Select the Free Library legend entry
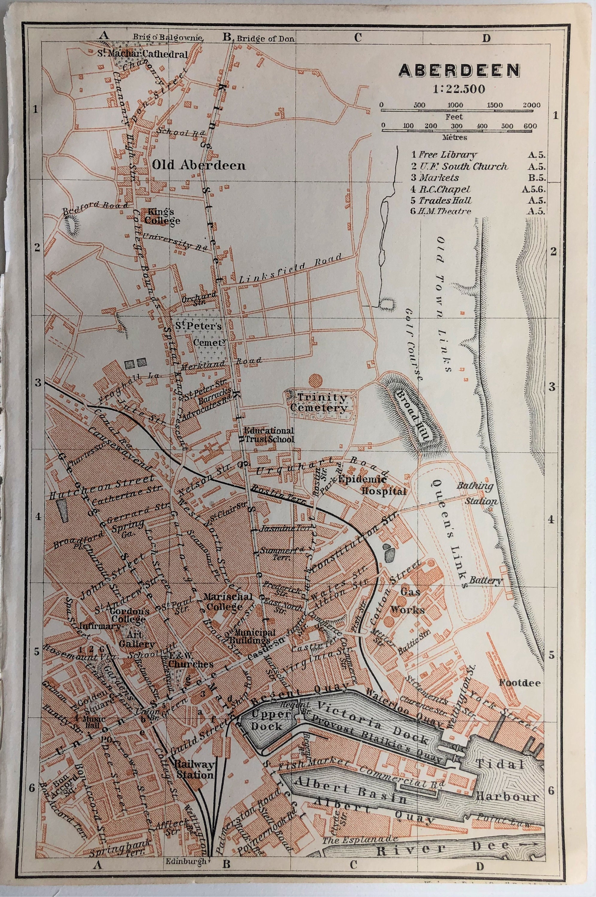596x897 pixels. [444, 155]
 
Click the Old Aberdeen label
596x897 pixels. [199, 165]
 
